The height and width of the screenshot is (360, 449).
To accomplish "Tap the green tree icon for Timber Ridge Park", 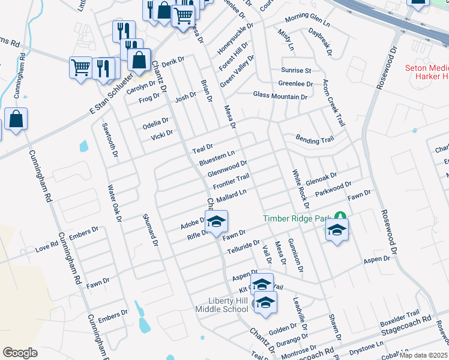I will click(x=340, y=215).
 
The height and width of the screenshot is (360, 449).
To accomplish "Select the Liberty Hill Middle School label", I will click(x=221, y=304).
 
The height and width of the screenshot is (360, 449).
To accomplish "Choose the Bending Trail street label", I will click(x=315, y=139).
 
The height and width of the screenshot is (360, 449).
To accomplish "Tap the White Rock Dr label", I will click(x=300, y=185).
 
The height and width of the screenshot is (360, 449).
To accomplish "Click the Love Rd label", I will click(x=46, y=247).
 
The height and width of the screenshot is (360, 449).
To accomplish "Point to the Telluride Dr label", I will click(x=243, y=248).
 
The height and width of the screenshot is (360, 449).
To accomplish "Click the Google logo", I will click(x=20, y=352).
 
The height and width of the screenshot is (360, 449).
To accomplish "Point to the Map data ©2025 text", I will click(x=424, y=355).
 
